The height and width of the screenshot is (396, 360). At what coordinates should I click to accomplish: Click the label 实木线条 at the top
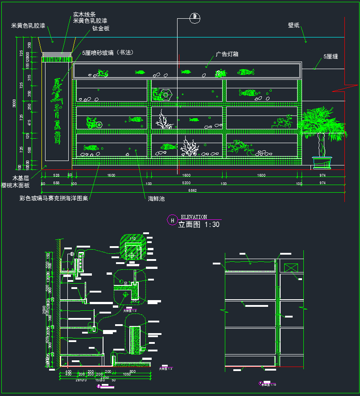(x=84, y=15)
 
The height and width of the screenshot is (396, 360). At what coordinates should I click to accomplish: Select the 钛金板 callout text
(x=101, y=29)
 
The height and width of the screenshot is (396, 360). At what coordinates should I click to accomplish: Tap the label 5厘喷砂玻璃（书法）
(x=108, y=53)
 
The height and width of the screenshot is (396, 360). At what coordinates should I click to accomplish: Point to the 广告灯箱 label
(x=227, y=54)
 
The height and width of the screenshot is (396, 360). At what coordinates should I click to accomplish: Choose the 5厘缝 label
(x=331, y=57)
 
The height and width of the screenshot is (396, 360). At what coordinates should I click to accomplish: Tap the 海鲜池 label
(x=156, y=198)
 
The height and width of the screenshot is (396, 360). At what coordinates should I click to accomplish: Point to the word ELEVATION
(x=194, y=217)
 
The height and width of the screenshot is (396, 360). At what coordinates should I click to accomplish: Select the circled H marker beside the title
(x=172, y=220)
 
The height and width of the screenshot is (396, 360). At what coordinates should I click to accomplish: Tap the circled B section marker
(x=194, y=18)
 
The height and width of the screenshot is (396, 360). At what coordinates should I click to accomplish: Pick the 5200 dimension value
(x=186, y=183)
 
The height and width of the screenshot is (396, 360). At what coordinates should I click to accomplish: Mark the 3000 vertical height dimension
(x=14, y=103)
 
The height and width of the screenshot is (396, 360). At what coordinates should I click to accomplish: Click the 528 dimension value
(x=57, y=176)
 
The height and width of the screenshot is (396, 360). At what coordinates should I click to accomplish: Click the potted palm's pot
(x=321, y=162)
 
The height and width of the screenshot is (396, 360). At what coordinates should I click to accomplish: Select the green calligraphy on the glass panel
(x=57, y=111)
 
